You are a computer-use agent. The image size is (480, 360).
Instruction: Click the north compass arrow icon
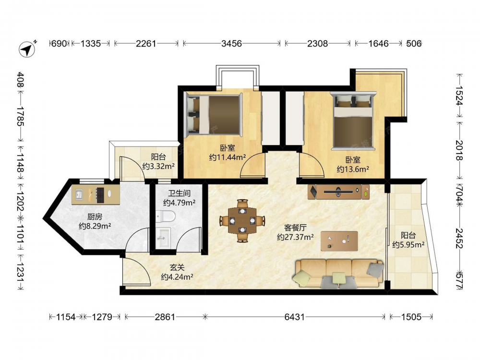click(x=27, y=48)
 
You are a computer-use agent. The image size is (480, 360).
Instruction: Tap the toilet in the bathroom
click(x=165, y=216)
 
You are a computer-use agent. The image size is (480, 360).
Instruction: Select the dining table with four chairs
click(x=242, y=220)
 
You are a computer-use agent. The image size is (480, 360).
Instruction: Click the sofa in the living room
click(x=338, y=274)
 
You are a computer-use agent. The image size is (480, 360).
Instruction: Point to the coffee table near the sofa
click(x=339, y=241)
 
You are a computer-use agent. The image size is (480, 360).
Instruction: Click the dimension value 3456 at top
click(x=231, y=44)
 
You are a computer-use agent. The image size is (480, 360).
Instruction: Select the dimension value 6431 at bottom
click(x=295, y=317)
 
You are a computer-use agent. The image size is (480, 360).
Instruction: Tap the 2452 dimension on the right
click(x=459, y=238)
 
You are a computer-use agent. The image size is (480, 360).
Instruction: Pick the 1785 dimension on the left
click(x=20, y=116)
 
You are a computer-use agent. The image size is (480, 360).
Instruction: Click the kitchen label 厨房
click(x=95, y=217)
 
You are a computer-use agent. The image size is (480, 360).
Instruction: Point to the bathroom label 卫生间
click(x=180, y=193)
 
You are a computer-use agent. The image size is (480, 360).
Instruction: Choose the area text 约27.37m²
click(x=295, y=237)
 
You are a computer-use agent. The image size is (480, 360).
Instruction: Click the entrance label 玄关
click(x=177, y=267)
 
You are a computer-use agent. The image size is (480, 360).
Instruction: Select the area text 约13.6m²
click(x=353, y=169)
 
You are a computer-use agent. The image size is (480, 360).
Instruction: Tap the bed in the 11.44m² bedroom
click(x=214, y=115)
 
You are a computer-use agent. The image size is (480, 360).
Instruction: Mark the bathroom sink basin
click(x=163, y=238)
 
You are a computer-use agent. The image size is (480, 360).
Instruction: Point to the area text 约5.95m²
click(x=408, y=245)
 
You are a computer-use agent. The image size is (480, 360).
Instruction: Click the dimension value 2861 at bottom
click(x=165, y=317)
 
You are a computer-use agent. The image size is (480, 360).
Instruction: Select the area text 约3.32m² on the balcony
click(x=158, y=166)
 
